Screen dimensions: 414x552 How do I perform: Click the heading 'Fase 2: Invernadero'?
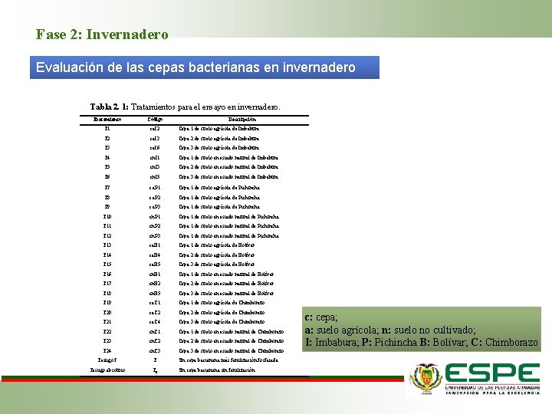102,34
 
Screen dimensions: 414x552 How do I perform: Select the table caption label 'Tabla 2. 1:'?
109,107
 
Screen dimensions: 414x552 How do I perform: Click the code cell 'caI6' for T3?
154,148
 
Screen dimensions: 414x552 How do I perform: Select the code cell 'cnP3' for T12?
154,235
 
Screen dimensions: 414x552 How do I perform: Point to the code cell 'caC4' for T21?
154,322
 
